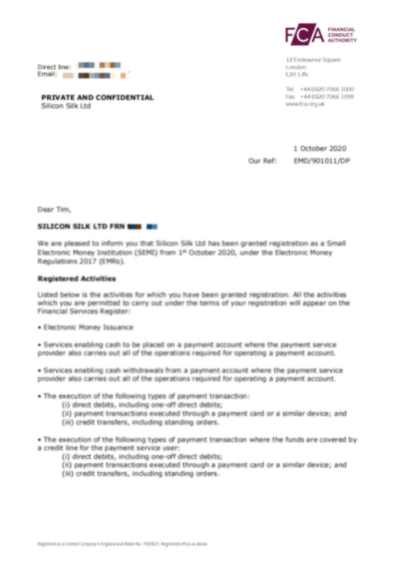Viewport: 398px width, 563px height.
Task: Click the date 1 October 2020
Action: coord(320,148)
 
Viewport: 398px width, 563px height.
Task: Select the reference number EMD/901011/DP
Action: coord(322,161)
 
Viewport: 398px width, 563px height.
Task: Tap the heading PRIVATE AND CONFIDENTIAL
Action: coord(97,97)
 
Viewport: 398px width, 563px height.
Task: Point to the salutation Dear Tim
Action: coord(54,209)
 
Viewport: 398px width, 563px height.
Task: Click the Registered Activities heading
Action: coord(76,279)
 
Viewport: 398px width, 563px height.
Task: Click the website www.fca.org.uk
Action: coord(305,104)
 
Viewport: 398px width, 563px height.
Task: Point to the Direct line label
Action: coord(54,67)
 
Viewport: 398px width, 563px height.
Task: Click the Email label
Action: coord(47,74)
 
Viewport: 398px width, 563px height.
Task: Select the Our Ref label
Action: coord(263,161)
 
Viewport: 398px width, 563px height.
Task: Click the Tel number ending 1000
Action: coord(327,89)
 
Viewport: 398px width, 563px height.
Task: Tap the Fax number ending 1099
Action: coord(327,97)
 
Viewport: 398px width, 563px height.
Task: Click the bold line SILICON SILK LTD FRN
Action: coord(81,226)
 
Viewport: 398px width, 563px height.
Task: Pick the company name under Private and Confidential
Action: coord(66,106)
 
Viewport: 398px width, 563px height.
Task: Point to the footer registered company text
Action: coord(122,544)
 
